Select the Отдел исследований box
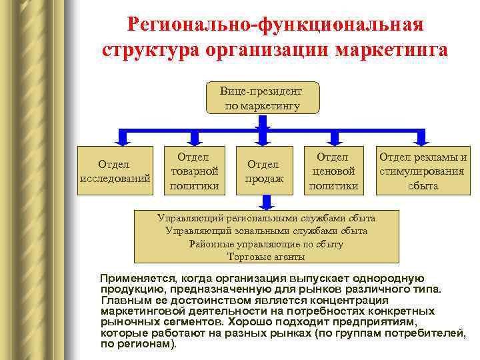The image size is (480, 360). tap(114, 171)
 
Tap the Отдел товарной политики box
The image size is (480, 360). tap(193, 171)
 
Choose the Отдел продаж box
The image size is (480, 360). tap(265, 171)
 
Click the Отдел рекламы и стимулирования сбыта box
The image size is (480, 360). tap(423, 171)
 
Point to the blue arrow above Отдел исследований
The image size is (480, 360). tap(122, 136)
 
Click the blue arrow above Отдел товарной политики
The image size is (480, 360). tap(193, 136)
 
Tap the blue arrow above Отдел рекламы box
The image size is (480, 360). tap(421, 136)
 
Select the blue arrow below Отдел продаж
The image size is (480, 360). tap(266, 202)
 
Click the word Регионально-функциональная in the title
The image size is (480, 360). tap(274, 27)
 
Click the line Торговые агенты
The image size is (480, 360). tap(266, 257)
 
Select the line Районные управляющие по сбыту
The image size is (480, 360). tap(266, 244)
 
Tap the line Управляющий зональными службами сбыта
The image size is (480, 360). tap(266, 231)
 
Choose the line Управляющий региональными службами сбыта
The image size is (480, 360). tap(266, 219)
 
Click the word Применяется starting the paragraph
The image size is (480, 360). tap(134, 278)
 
